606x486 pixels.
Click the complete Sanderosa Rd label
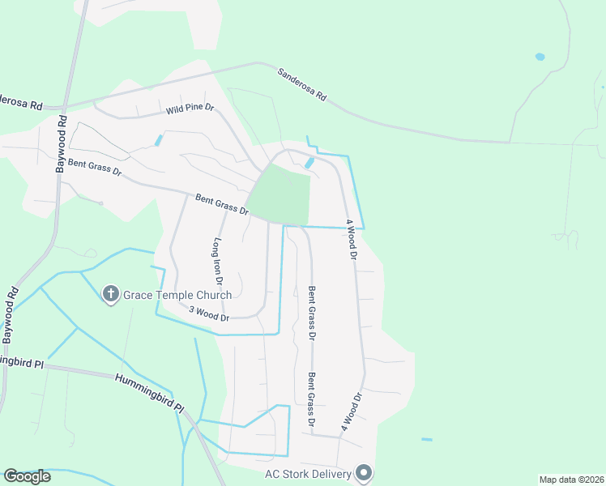(301, 84)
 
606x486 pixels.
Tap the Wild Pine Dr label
(190, 109)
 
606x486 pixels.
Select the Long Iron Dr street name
(218, 259)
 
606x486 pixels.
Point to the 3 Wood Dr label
(209, 313)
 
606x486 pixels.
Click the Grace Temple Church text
(177, 295)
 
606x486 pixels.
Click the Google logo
(27, 476)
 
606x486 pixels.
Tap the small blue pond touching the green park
(309, 163)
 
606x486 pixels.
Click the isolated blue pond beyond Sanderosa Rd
(540, 58)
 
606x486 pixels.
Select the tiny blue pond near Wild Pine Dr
(159, 140)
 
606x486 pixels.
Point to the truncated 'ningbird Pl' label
(21, 363)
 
